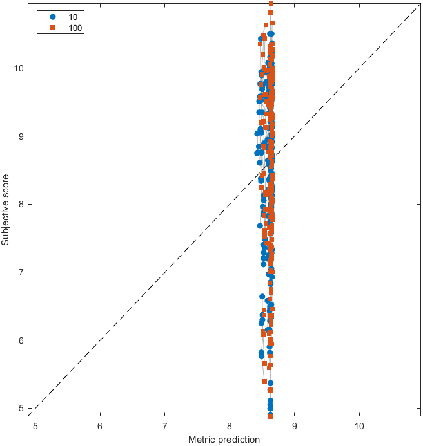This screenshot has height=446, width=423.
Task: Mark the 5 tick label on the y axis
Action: [21, 408]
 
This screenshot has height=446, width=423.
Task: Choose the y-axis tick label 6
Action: [21, 340]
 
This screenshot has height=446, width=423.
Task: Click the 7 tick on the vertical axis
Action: [21, 272]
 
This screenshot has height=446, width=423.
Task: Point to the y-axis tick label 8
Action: [21, 204]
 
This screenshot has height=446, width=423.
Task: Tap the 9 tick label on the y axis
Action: [21, 136]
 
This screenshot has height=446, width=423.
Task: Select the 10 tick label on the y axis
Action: [19, 68]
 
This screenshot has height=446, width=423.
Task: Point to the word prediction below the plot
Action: [238, 440]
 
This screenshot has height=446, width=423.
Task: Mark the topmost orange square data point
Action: [271, 4]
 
